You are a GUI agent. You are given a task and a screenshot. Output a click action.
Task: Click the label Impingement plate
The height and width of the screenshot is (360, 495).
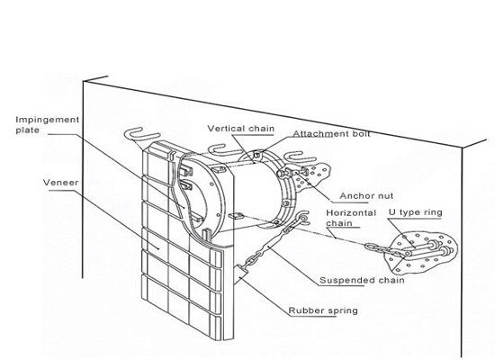(48, 125)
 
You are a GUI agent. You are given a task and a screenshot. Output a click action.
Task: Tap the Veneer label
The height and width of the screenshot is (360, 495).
(60, 183)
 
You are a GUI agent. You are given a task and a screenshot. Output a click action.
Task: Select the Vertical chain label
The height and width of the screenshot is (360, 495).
(241, 129)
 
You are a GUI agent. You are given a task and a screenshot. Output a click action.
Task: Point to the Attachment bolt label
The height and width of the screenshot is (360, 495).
(331, 133)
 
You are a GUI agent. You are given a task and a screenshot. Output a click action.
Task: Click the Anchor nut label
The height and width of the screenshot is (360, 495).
(366, 196)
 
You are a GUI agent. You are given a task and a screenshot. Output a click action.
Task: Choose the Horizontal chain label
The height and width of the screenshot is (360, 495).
(351, 218)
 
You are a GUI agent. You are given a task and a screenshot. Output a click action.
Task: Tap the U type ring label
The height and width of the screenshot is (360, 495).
(416, 212)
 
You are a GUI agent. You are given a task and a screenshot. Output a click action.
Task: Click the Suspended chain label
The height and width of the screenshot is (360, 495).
(362, 280)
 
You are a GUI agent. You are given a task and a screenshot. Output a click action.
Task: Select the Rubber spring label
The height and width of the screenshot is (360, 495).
(323, 310)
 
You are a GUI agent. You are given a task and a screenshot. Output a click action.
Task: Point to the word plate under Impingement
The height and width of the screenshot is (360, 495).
(28, 130)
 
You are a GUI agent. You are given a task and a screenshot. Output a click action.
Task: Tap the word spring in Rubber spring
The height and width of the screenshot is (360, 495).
(343, 311)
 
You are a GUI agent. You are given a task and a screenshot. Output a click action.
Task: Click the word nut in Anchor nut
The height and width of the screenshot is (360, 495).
(384, 196)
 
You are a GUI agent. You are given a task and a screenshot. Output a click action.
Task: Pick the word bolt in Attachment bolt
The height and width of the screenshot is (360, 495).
(360, 133)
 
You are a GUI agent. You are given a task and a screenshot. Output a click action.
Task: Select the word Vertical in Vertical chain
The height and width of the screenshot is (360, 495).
(226, 129)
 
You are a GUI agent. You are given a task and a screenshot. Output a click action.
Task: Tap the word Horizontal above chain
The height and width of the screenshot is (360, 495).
(351, 212)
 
